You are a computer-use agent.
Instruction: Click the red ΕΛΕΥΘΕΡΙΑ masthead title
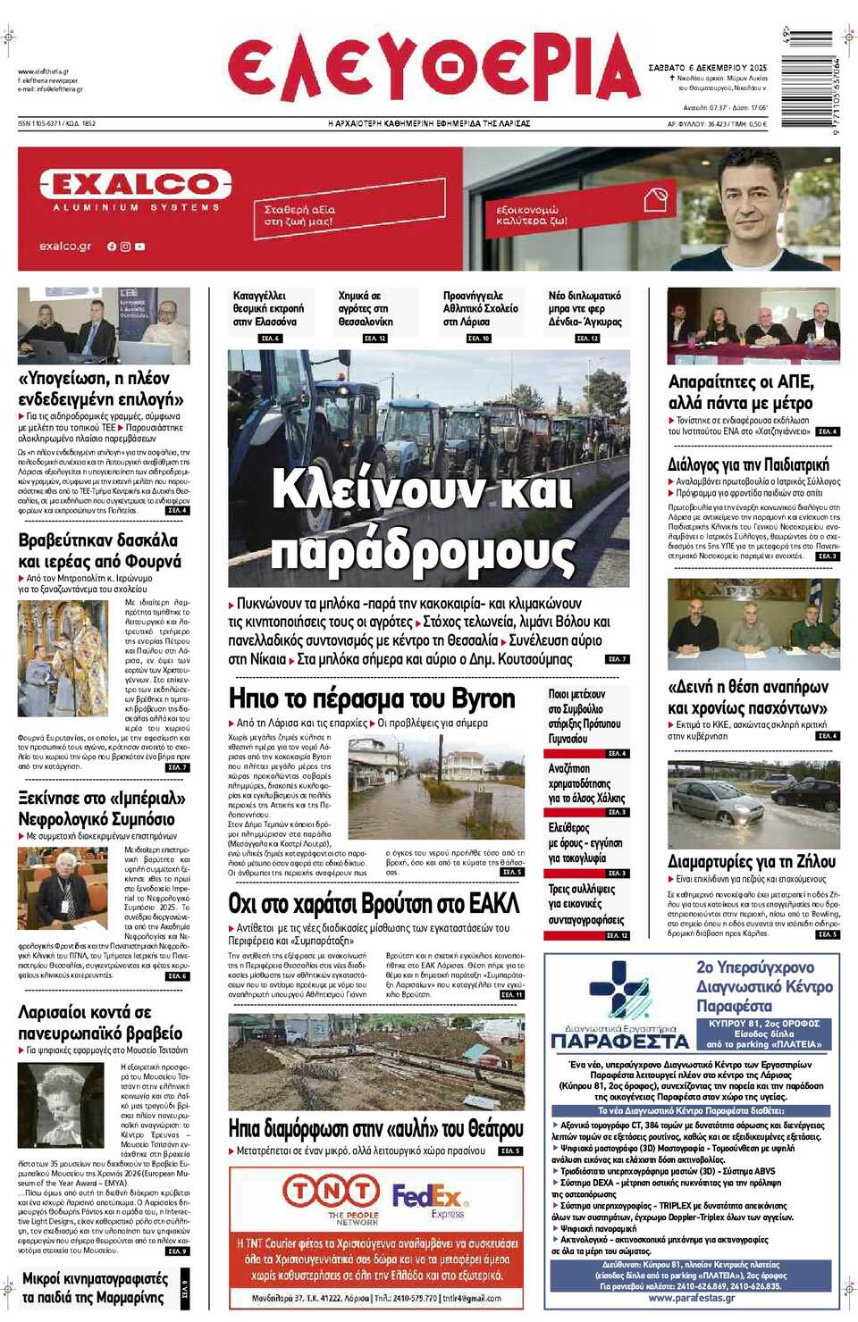click(x=433, y=70)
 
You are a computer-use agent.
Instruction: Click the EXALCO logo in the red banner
click(x=135, y=185)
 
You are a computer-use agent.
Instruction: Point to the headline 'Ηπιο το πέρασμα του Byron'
click(x=372, y=698)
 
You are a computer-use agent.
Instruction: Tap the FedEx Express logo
click(x=429, y=1199)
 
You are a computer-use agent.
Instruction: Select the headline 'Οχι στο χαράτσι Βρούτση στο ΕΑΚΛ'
click(x=374, y=903)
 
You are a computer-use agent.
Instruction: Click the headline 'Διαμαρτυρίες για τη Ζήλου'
click(x=752, y=861)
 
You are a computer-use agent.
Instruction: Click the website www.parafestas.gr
click(x=691, y=1298)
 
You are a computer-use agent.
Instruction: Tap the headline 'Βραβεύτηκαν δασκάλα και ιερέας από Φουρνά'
click(x=99, y=550)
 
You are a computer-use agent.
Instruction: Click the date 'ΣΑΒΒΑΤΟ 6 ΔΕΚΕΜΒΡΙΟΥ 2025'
click(x=707, y=68)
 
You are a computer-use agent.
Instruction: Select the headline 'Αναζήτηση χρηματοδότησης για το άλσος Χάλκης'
click(x=586, y=783)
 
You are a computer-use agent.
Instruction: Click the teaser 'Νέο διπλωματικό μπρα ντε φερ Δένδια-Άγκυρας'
click(x=585, y=309)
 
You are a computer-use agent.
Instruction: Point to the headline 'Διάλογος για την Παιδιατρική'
click(x=748, y=464)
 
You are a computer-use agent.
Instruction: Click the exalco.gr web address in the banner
click(x=65, y=246)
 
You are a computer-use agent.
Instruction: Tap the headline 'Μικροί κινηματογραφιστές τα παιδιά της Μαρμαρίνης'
click(x=93, y=1288)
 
